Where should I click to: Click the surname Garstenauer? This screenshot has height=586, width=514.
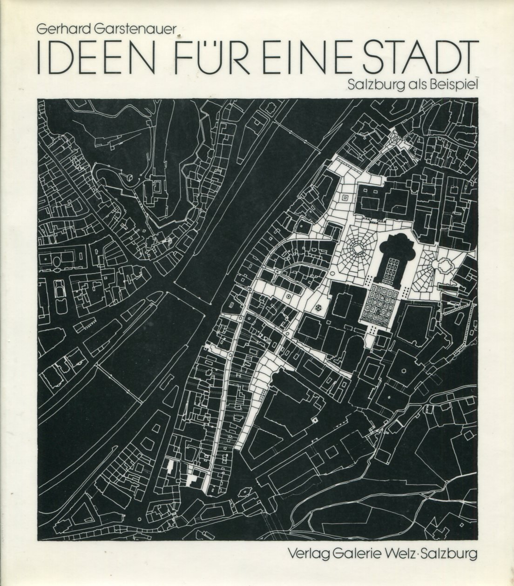pyautogui.click(x=130, y=30)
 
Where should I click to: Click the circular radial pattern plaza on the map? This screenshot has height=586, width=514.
pyautogui.click(x=358, y=249)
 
